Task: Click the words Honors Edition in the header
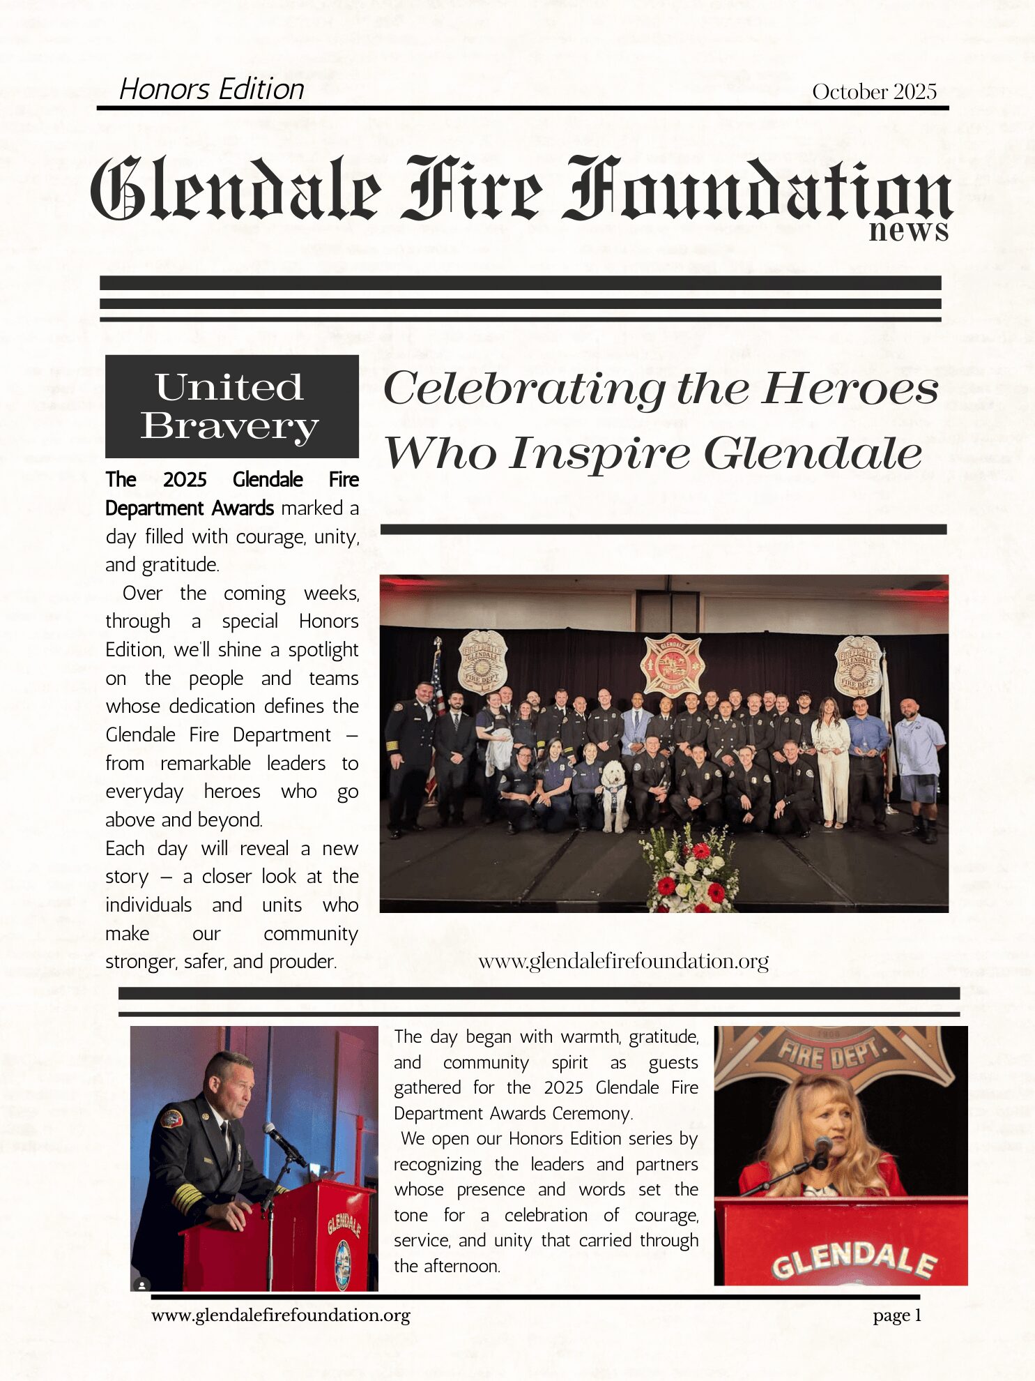click(x=212, y=89)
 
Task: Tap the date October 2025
click(x=874, y=91)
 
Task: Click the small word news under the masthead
click(x=908, y=230)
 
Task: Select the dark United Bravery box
click(x=231, y=406)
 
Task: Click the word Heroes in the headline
click(x=850, y=388)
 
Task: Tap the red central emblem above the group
click(x=673, y=664)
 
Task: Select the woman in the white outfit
click(x=830, y=760)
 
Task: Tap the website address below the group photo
click(x=623, y=961)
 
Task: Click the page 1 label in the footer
click(x=897, y=1315)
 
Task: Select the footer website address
click(x=280, y=1315)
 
